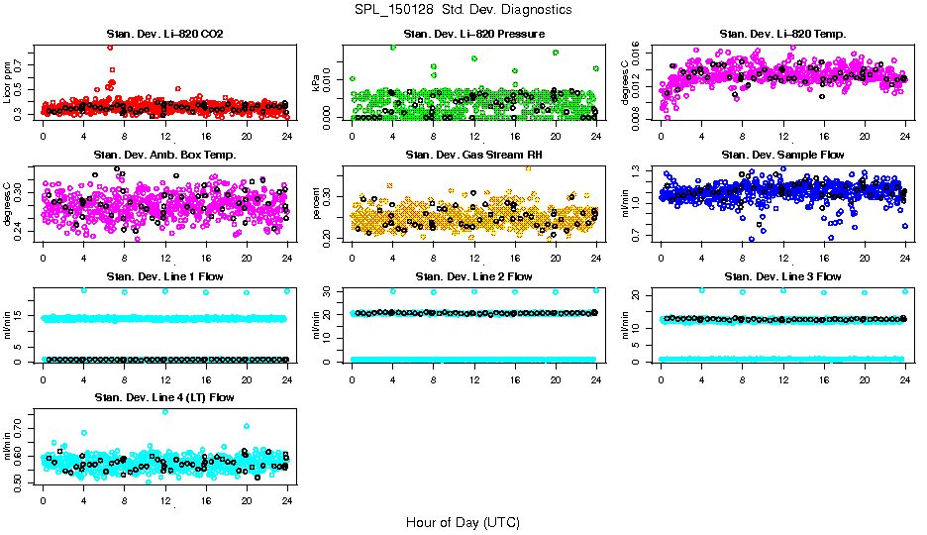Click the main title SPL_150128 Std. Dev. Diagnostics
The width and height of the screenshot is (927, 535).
[462, 10]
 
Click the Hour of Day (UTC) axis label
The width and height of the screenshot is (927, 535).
[462, 521]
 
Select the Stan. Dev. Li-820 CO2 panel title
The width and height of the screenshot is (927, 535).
[164, 35]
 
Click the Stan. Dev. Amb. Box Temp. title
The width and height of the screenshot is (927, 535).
[164, 155]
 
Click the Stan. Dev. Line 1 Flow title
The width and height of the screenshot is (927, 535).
[164, 276]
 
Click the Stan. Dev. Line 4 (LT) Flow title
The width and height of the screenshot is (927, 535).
[164, 397]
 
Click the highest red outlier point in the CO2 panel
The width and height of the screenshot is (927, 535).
[110, 47]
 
